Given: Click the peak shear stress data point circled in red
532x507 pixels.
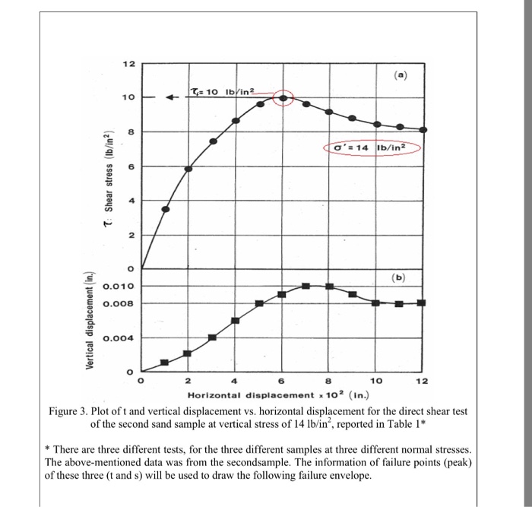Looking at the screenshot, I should point(283,98).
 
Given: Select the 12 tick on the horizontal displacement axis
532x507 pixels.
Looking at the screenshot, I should point(423,381).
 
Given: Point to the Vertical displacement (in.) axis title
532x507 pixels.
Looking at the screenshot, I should point(90,320).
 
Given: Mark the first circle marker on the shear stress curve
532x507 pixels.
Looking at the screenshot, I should point(165,209).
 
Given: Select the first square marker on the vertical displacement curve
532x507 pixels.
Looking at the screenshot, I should point(164,362).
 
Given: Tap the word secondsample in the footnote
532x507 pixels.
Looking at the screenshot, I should point(277,461).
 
